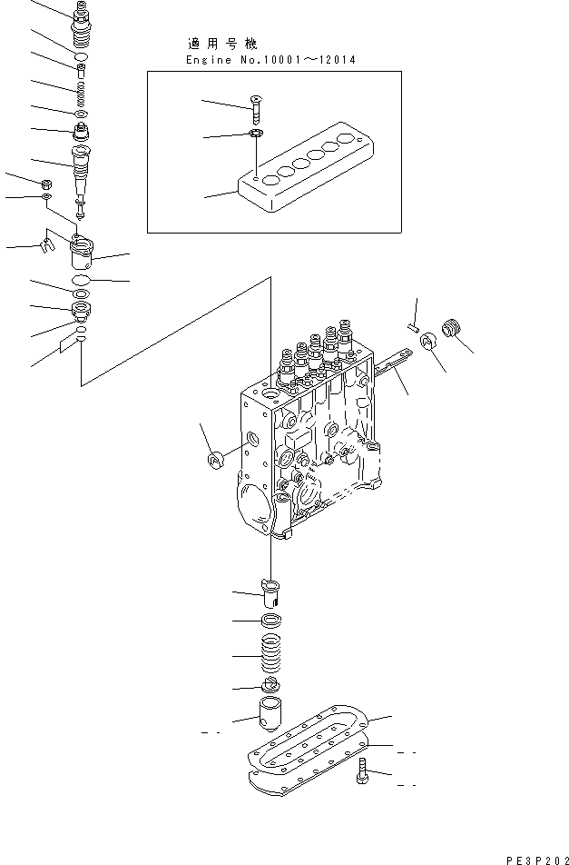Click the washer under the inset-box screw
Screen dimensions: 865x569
[256, 135]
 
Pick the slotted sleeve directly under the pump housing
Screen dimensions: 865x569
[272, 592]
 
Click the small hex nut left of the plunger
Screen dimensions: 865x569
[45, 183]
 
